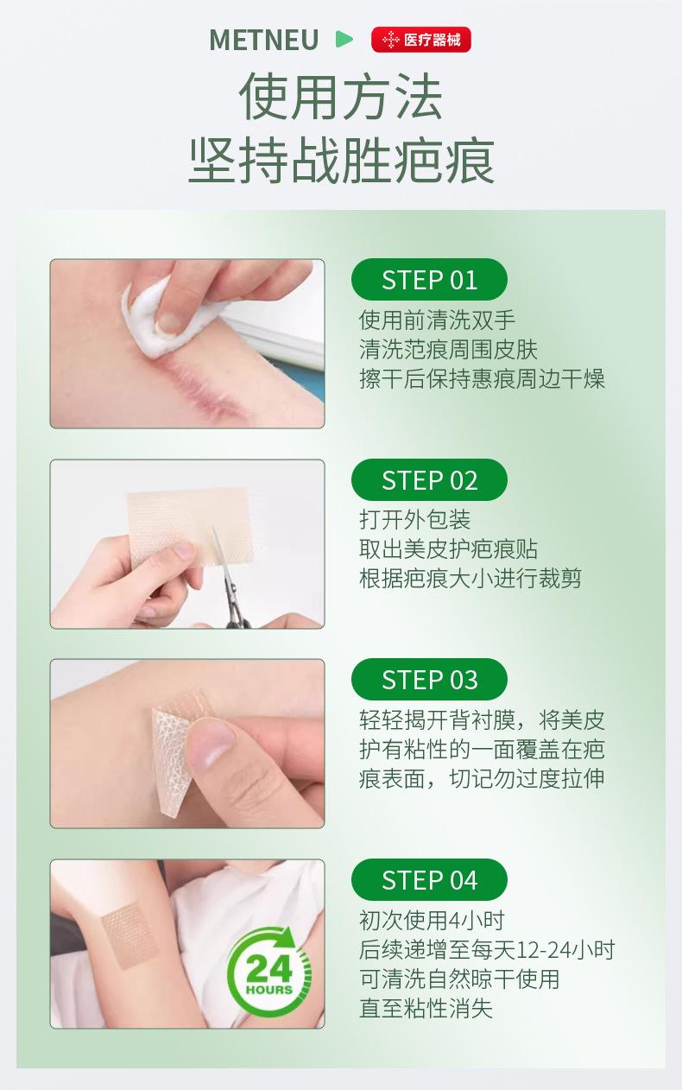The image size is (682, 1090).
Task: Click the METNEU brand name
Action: (x=263, y=40)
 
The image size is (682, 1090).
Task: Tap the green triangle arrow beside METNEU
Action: (x=344, y=39)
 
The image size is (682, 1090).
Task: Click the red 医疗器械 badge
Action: (x=420, y=40)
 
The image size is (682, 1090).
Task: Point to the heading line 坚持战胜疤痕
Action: (x=342, y=160)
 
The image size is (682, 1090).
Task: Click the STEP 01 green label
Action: (x=429, y=279)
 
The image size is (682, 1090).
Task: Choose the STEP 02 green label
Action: (x=429, y=480)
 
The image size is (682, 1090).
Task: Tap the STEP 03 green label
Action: (x=429, y=679)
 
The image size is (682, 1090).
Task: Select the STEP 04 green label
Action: (x=429, y=880)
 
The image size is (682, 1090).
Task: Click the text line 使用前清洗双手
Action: (x=437, y=320)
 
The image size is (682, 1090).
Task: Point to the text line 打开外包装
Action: (x=415, y=519)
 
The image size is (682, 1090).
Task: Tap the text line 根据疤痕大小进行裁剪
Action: (x=470, y=579)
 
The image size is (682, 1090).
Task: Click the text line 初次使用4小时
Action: (x=432, y=920)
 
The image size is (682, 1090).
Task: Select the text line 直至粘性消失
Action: (x=426, y=1008)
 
